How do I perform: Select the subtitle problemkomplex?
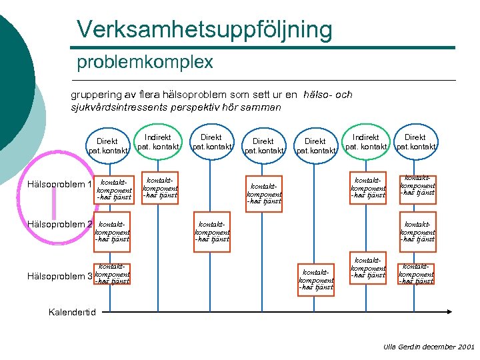click(145, 63)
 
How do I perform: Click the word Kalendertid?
click(73, 312)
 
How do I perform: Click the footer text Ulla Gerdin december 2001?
click(429, 347)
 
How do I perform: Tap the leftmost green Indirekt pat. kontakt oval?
click(158, 141)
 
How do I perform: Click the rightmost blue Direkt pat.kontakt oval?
click(415, 141)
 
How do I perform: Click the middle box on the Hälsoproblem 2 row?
click(211, 231)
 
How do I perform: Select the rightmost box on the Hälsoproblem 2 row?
click(417, 231)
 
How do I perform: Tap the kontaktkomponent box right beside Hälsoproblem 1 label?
click(113, 189)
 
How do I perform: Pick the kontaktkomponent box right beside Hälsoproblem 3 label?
click(111, 273)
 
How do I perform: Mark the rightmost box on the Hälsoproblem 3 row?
click(417, 273)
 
